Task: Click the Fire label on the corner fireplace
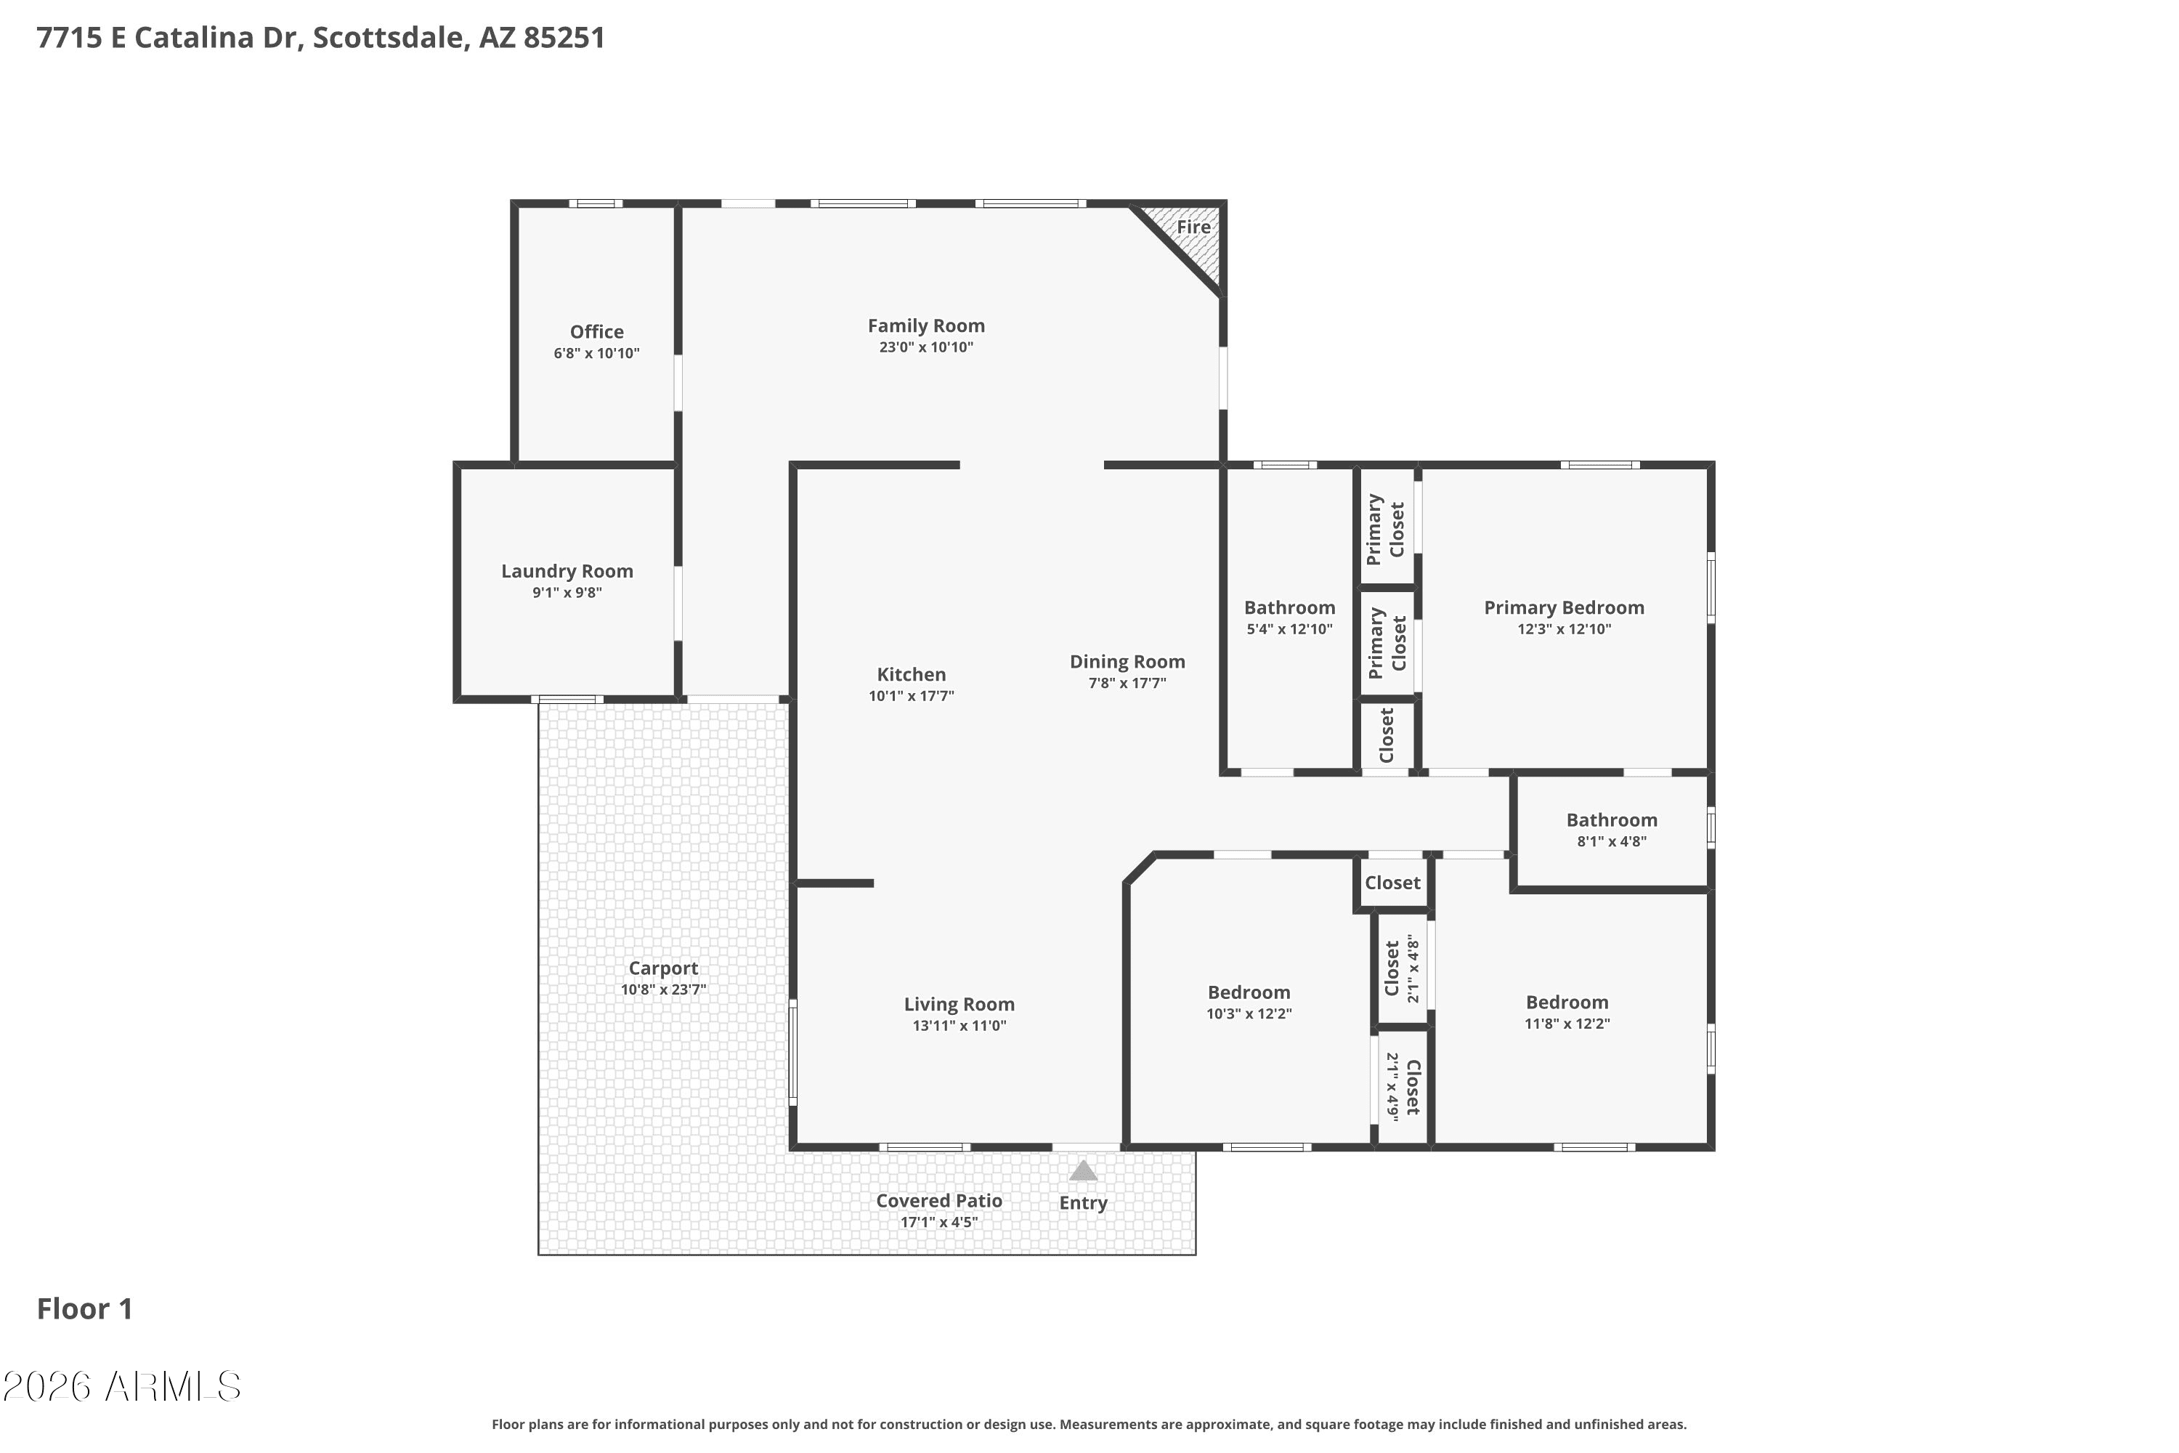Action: [x=1193, y=227]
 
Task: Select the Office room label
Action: [x=596, y=332]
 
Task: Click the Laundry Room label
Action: [x=567, y=572]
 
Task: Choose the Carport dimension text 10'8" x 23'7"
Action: [x=663, y=989]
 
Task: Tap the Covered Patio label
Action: [x=938, y=1201]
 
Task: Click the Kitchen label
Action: [x=911, y=675]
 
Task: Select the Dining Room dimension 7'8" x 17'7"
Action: [x=1127, y=684]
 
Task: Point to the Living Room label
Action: [x=959, y=1005]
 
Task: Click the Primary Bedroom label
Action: [x=1564, y=608]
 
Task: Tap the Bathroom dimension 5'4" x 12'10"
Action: [x=1290, y=629]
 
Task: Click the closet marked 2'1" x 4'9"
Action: [x=1403, y=1087]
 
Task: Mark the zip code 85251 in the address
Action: [x=564, y=38]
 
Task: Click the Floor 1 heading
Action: [x=85, y=1308]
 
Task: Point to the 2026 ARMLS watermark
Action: [x=121, y=1387]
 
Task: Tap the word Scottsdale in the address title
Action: [x=388, y=38]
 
